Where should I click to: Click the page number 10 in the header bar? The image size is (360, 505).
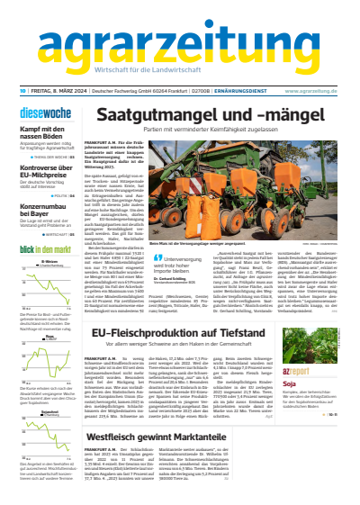(x=21, y=91)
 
